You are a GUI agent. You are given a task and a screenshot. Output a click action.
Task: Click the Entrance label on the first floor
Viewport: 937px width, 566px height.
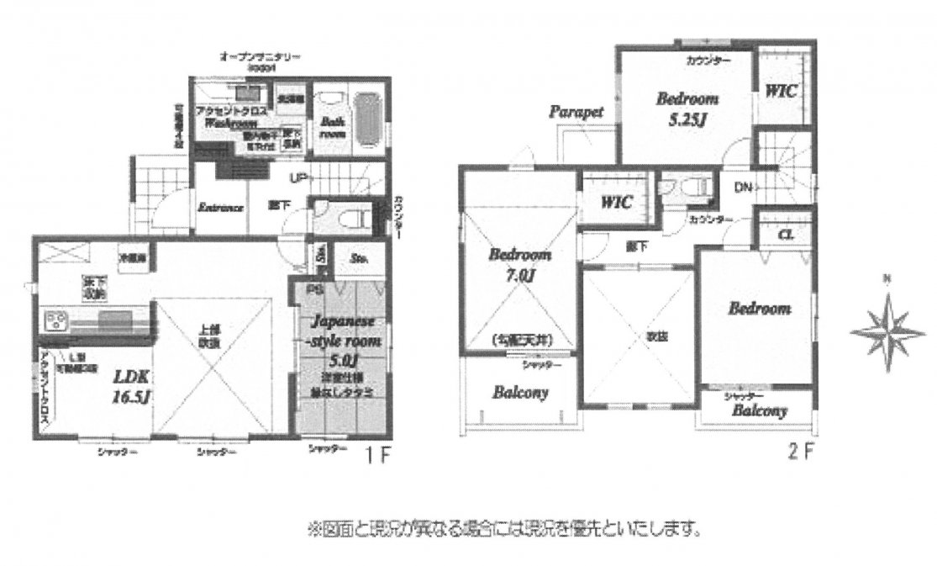coord(220,208)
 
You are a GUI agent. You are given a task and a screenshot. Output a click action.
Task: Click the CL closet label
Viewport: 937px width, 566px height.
coord(787,233)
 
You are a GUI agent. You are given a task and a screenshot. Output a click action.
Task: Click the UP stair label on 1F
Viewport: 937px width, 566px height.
coord(297,178)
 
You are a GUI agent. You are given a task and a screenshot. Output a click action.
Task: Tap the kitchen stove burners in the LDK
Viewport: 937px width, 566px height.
coord(55,320)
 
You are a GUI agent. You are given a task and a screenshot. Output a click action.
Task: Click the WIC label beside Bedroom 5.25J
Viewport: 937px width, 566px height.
coord(782,89)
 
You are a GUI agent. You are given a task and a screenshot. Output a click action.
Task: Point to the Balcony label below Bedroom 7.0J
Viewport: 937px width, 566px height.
coord(521,392)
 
